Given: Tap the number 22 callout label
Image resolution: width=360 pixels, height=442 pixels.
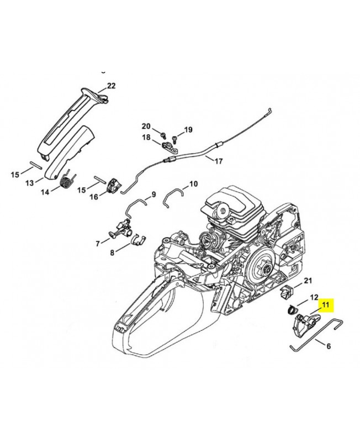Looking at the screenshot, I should [x=111, y=86].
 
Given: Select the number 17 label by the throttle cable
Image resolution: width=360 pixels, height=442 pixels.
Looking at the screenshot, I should [x=218, y=162].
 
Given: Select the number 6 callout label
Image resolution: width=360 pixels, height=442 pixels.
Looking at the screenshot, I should [x=329, y=347].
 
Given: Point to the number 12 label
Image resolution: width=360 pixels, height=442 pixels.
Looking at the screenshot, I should [x=314, y=297].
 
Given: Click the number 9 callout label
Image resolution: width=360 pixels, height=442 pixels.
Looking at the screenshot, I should [x=154, y=194].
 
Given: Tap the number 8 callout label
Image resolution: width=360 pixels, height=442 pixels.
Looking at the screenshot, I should [x=113, y=252].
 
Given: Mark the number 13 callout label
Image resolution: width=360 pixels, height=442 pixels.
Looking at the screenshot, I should [x=30, y=182].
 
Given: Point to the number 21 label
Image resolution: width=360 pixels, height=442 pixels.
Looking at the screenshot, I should [x=308, y=281].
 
